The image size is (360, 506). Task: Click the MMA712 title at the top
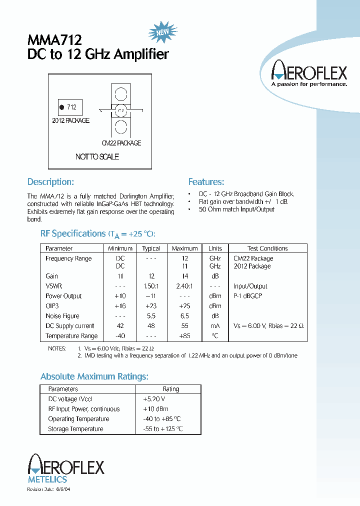coord(54,39)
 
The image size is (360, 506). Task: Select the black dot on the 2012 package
coord(62,107)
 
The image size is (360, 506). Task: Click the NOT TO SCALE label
coord(97,156)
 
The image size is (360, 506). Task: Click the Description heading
coord(50,182)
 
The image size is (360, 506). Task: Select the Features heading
coord(206,182)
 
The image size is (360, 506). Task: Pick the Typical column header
coord(151,248)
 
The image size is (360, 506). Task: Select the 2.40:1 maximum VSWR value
coord(184,286)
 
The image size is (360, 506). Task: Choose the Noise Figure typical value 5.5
coord(151,316)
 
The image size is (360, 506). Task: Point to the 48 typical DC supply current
coord(151,326)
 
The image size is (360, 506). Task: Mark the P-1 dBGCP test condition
coord(247,296)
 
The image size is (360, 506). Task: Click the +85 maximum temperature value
coord(184,336)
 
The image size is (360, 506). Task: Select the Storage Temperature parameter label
coord(75,429)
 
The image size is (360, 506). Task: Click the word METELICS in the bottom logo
coord(47,479)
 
